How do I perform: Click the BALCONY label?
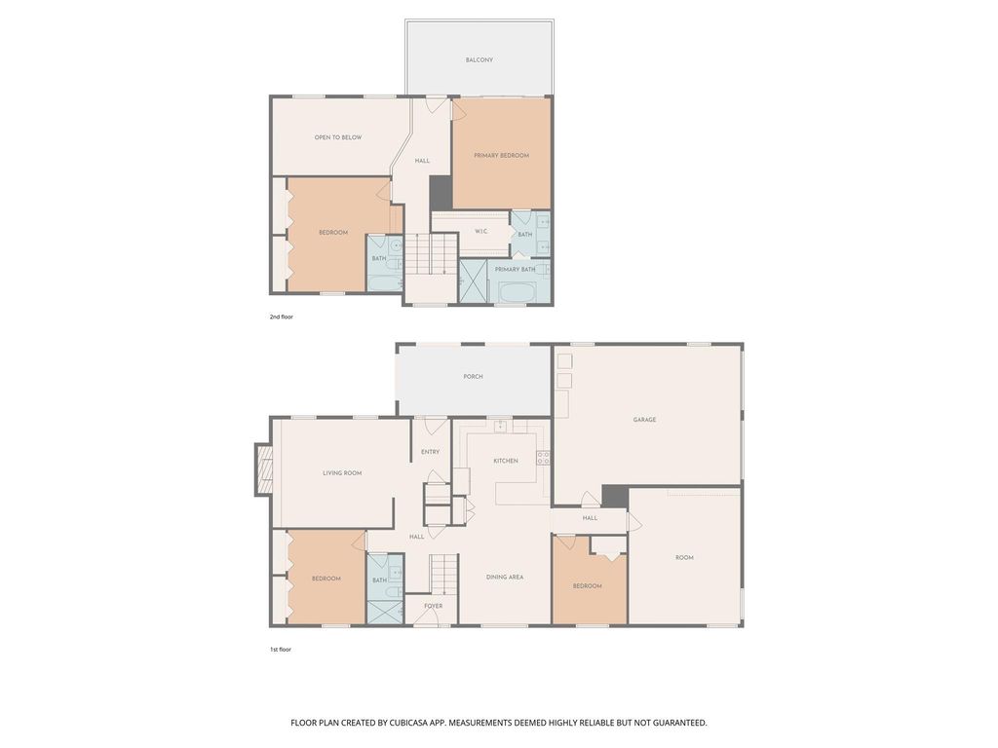coord(479,60)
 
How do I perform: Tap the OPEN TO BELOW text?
coord(337,137)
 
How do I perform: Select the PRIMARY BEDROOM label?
coord(501,156)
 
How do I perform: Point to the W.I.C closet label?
coord(480,232)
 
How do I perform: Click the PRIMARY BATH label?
coord(515,270)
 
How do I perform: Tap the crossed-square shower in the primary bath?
coord(474,281)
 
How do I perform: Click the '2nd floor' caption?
coord(281,318)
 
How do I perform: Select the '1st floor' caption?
coord(280,649)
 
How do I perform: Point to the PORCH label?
coord(473,377)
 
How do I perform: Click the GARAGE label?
coord(644,420)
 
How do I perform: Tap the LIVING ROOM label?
coord(342,473)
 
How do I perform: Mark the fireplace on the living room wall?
coord(263,469)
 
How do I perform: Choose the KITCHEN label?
coord(505,461)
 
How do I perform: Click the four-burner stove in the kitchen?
coord(543,457)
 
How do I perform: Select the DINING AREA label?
coord(505,578)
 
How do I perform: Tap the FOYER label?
coord(433,606)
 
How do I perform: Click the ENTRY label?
coord(430,452)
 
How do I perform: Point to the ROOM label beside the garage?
coord(684,558)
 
